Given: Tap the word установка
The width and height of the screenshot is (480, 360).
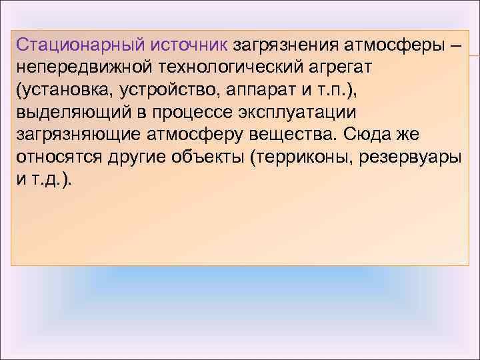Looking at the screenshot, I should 66,90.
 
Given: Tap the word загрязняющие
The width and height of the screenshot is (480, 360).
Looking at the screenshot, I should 77,134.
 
